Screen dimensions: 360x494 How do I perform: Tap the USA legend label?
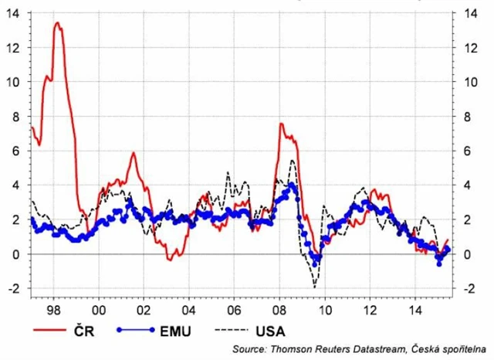click(270, 331)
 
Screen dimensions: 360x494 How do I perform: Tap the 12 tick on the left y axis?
click(15, 47)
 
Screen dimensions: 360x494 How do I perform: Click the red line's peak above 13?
click(57, 23)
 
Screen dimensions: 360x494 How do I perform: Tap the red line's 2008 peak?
click(281, 124)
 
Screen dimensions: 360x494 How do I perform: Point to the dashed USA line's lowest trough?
click(314, 287)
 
